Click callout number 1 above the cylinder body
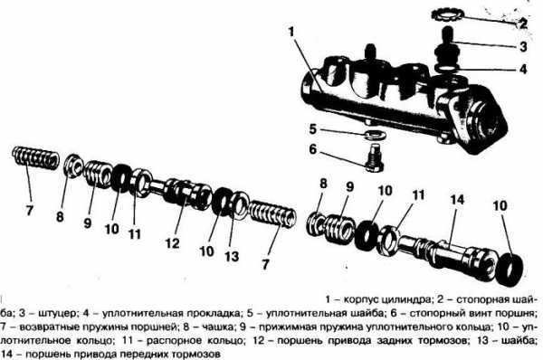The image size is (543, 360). tap(292, 31)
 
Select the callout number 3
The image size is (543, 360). tap(523, 45)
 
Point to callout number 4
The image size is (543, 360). tap(523, 68)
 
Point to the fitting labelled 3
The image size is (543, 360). tap(450, 43)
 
